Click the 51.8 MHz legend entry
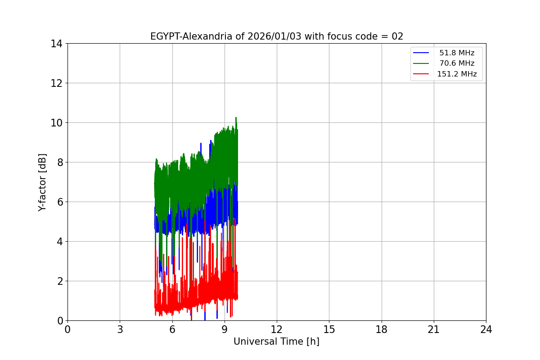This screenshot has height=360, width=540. [x=457, y=53]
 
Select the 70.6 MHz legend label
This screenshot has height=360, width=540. [x=457, y=63]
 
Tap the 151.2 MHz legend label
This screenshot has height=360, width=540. [x=457, y=74]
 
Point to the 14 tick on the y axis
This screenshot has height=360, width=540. [x=56, y=44]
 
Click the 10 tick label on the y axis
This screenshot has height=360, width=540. [x=56, y=123]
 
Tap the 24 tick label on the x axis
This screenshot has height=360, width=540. [x=486, y=329]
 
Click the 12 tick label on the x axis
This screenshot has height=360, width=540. [x=277, y=329]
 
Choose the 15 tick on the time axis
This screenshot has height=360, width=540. [x=329, y=329]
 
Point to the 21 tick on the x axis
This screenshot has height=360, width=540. [x=434, y=329]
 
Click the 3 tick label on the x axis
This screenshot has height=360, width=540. [x=120, y=329]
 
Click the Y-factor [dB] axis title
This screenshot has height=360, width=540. [x=42, y=182]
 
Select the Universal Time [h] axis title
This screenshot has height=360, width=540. [x=276, y=342]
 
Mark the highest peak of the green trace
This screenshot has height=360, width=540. [x=236, y=117]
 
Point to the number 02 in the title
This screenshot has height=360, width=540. [x=397, y=36]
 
